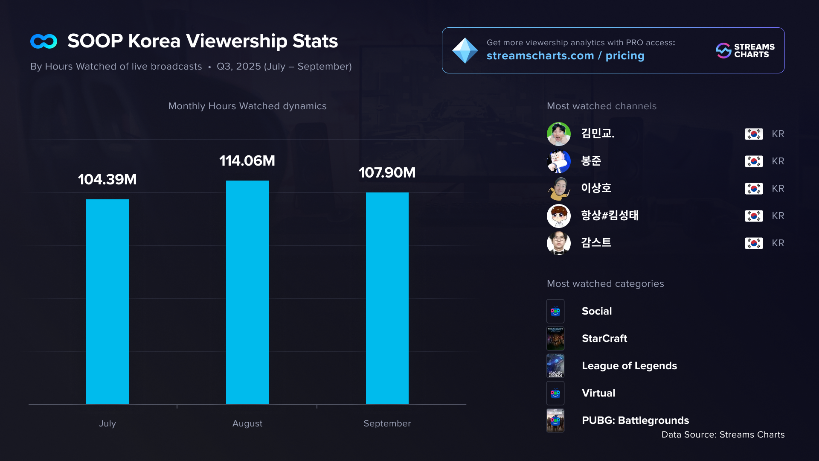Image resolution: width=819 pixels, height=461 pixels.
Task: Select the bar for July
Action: click(107, 301)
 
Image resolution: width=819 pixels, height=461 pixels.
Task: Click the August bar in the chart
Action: click(247, 292)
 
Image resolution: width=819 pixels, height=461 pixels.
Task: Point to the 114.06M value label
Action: click(247, 161)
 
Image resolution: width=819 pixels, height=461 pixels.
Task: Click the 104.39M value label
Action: click(107, 180)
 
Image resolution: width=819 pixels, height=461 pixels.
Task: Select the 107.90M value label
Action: click(387, 173)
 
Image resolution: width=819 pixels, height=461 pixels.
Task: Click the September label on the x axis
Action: click(387, 423)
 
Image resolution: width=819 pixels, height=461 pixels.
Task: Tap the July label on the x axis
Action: click(107, 423)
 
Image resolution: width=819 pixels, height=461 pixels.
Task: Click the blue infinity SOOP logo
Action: click(44, 41)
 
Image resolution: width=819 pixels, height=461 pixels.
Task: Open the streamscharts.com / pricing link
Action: click(565, 56)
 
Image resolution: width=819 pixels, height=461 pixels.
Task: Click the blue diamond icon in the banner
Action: click(465, 50)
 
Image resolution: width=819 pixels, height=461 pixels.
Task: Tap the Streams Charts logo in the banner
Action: click(745, 50)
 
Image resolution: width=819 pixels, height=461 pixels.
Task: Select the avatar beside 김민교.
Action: click(558, 134)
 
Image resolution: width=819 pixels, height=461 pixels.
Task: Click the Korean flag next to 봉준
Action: click(754, 161)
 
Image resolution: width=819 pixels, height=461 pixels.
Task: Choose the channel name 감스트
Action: click(596, 243)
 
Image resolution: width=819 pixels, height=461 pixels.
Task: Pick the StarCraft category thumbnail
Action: click(555, 338)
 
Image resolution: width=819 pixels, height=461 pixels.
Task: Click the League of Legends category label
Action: click(629, 366)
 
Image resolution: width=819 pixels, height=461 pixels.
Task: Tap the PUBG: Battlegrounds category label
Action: click(635, 420)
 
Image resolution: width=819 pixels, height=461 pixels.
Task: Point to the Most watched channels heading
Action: click(601, 106)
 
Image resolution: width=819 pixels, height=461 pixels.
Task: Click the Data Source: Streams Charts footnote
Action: click(723, 435)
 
